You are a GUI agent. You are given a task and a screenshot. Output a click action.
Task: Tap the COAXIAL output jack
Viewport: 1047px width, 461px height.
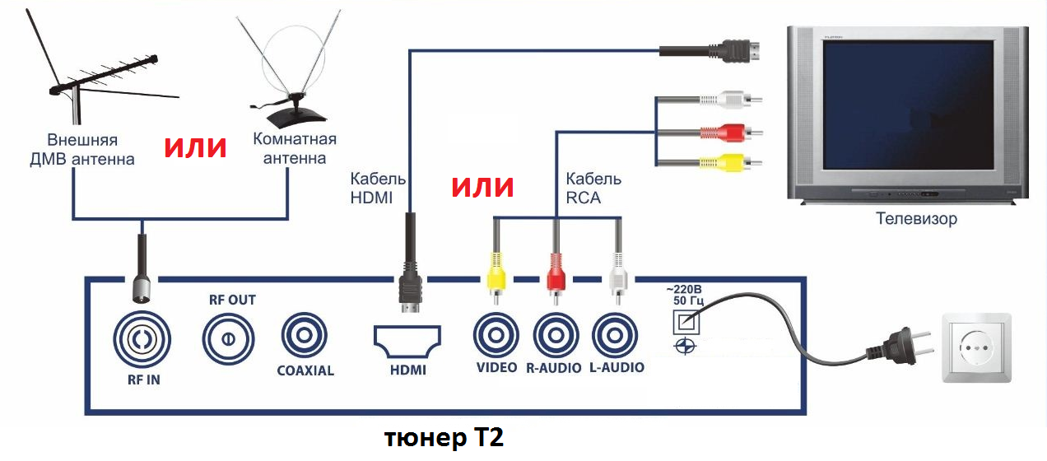tap(305, 337)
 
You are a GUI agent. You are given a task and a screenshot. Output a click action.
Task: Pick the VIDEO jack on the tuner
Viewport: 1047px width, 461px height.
tap(496, 336)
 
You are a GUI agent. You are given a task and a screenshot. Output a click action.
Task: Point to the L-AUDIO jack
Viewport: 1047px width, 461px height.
tap(616, 336)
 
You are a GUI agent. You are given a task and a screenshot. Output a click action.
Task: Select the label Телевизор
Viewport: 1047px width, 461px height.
tap(917, 220)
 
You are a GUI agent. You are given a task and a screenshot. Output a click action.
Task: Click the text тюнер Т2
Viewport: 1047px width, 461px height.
tap(444, 438)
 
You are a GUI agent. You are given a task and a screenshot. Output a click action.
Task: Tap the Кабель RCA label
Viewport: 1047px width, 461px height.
tap(593, 189)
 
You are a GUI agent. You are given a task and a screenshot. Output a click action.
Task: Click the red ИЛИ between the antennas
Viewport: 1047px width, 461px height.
tap(195, 147)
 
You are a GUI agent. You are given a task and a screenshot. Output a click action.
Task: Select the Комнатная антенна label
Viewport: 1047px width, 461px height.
tap(294, 148)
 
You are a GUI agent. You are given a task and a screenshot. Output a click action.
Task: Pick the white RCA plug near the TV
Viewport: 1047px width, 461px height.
tap(730, 100)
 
